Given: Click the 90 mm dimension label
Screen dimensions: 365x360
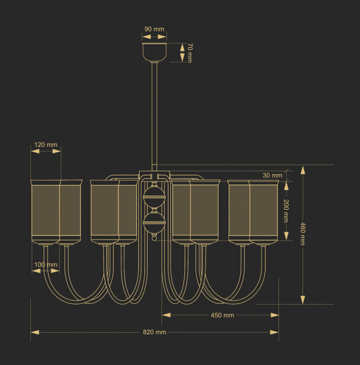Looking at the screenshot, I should [154, 29].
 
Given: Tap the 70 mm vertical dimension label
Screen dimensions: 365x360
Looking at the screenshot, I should [190, 54].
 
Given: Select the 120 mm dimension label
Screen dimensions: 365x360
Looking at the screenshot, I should [46, 144].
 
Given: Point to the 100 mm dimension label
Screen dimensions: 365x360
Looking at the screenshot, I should [46, 264].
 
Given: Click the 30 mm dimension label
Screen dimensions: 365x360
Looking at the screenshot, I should [273, 175].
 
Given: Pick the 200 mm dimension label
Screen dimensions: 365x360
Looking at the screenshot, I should [286, 211].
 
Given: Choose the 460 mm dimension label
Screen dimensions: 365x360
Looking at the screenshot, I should [303, 234].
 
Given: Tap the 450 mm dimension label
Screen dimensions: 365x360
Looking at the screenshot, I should [222, 315].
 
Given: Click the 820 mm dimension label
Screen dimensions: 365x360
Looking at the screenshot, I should [155, 332].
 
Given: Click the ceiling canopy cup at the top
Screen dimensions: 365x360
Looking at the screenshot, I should [154, 51].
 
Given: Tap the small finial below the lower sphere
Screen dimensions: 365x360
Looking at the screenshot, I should [154, 238].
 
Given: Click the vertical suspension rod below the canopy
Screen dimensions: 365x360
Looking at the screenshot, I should [154, 111].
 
